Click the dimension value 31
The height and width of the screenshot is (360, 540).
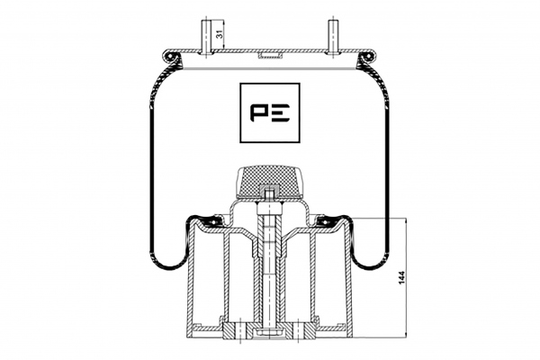[218, 34]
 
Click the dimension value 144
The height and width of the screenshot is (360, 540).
[401, 278]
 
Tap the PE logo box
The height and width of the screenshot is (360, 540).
[270, 112]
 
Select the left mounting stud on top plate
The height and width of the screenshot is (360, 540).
[206, 37]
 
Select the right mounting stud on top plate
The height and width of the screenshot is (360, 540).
[333, 37]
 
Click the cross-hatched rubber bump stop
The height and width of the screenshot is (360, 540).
[270, 182]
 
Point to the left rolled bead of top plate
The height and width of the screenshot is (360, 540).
[169, 56]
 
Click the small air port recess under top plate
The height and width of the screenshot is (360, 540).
[270, 55]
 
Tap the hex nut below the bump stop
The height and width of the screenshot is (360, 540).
[270, 208]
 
